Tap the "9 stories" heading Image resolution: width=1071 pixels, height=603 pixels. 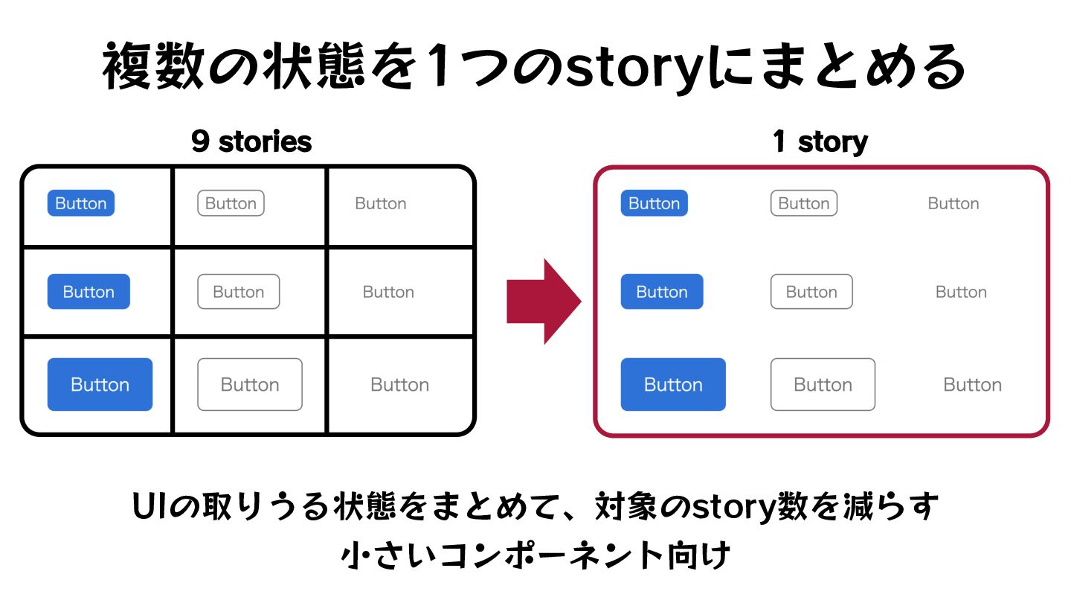click(251, 141)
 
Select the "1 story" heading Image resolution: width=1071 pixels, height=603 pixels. click(820, 141)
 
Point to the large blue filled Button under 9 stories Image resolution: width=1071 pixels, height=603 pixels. click(100, 385)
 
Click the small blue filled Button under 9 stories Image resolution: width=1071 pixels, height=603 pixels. click(81, 203)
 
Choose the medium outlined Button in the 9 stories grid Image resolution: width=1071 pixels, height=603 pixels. click(239, 292)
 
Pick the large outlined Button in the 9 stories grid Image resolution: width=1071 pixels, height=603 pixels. click(250, 385)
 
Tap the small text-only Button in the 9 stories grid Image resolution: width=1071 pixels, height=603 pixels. click(381, 203)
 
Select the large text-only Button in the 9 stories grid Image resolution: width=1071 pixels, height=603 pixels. click(400, 385)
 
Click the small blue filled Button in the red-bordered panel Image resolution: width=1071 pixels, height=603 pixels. click(654, 203)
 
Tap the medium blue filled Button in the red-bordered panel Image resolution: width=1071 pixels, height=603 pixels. click(662, 292)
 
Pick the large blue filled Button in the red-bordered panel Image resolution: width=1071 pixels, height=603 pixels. click(673, 385)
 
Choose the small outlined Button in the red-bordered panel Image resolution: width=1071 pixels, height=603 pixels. click(804, 203)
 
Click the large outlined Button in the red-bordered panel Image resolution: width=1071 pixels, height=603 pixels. click(823, 385)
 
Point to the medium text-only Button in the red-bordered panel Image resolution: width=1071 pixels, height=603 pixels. click(961, 292)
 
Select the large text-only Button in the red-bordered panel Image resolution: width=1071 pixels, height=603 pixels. click(973, 385)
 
